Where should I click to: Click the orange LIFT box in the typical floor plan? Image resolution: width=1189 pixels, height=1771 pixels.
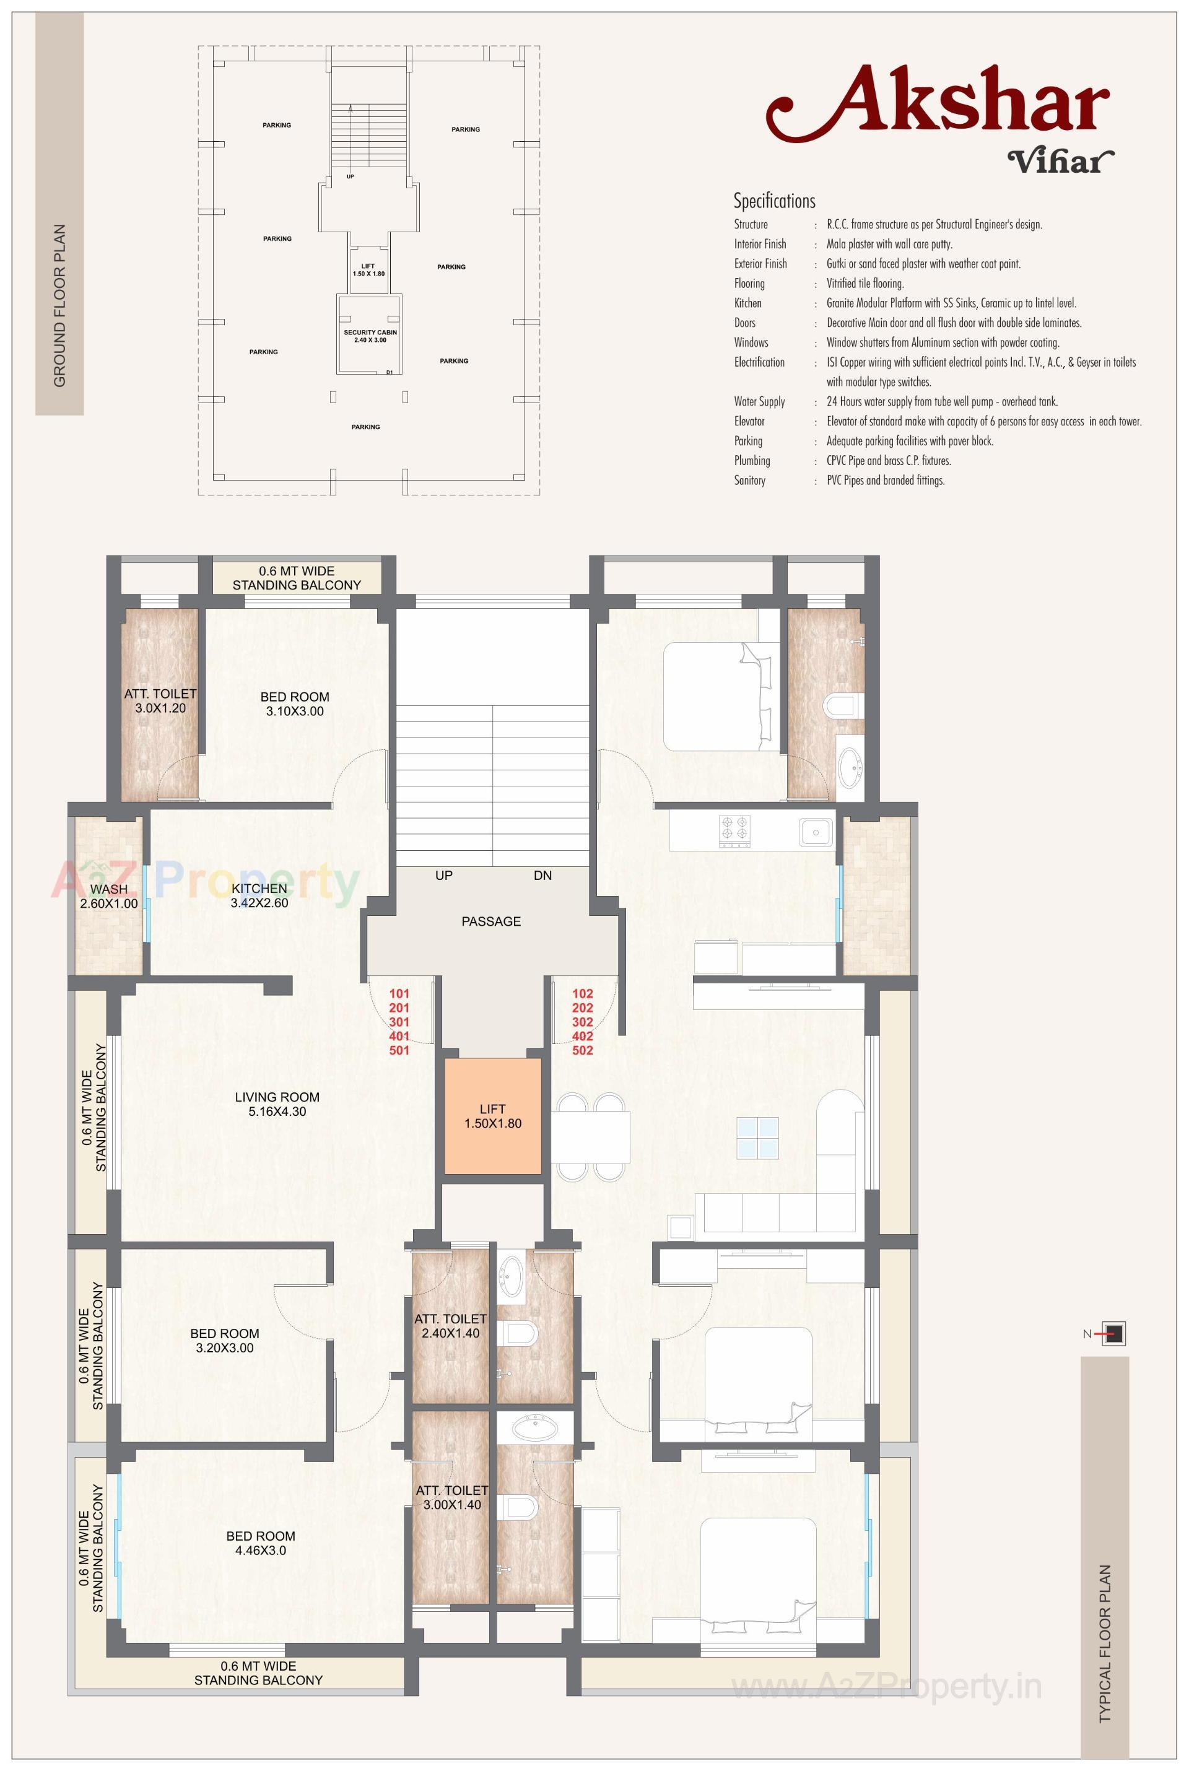492,1115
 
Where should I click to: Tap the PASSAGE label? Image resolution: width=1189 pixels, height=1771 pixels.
490,921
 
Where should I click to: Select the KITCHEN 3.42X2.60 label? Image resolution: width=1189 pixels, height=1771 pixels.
259,895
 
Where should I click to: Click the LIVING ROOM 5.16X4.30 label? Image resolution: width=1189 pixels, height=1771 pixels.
277,1104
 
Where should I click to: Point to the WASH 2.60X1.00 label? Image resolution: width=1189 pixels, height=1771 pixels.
108,896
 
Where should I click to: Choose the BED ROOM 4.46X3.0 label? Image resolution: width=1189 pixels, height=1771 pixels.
260,1543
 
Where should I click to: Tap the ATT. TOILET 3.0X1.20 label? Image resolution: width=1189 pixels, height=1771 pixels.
160,700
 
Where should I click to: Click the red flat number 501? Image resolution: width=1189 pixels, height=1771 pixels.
399,1050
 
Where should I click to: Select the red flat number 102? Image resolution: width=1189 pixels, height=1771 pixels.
582,993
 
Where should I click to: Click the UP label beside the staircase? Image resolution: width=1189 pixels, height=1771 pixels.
443,875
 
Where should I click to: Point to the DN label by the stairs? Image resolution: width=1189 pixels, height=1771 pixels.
542,875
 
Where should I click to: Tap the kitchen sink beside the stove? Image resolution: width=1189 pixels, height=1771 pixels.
815,832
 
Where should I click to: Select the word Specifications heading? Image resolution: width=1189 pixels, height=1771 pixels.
774,201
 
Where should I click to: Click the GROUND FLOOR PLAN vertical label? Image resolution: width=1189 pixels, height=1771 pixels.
59,305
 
